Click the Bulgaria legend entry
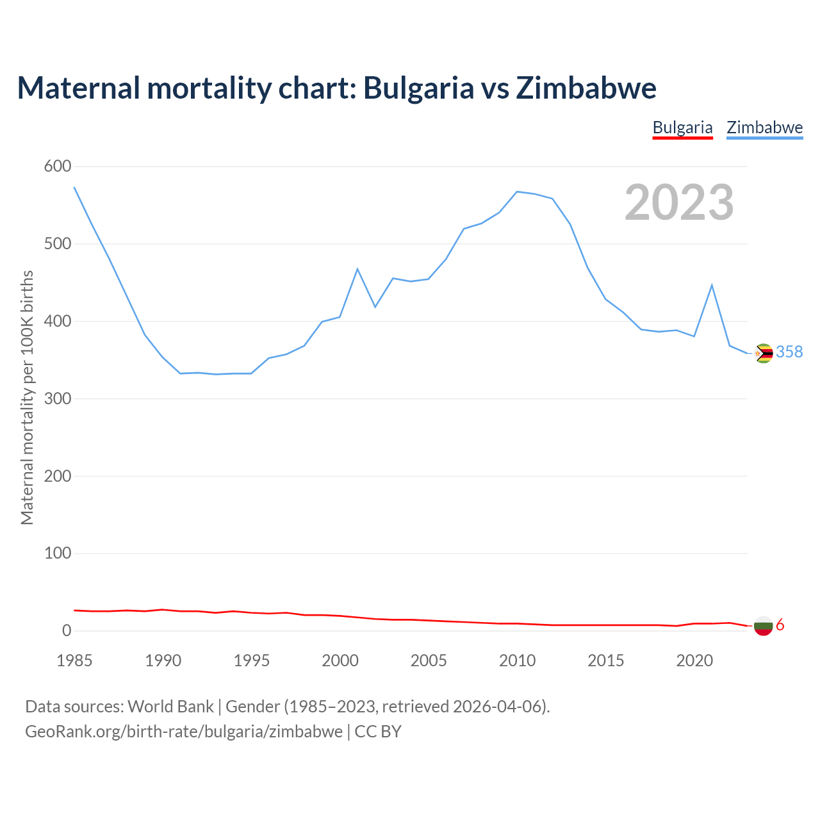point(682,127)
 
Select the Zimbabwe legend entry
point(764,127)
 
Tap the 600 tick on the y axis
point(58,167)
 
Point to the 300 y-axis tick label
point(58,398)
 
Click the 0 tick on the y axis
point(67,631)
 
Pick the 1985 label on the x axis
point(74,660)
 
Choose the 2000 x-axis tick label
point(340,660)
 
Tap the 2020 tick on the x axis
point(694,660)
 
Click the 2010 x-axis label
point(517,660)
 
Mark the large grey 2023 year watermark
point(679,202)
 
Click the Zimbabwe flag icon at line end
point(763,353)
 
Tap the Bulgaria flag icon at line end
point(763,625)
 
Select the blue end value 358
point(789,352)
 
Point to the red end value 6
point(780,625)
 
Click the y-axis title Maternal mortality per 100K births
point(27,397)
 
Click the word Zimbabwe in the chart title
point(586,88)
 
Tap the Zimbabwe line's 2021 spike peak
point(712,285)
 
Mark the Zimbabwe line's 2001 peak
point(357,269)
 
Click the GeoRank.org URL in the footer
point(184,732)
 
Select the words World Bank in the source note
point(170,707)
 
